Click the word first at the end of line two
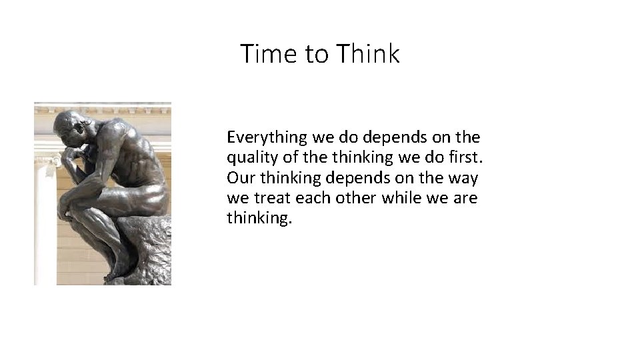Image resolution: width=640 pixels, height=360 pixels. point(463,158)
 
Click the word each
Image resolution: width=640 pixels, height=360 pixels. point(313,198)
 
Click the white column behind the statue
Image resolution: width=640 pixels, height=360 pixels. point(45,220)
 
